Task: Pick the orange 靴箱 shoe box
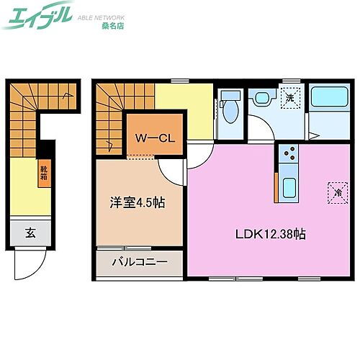click(x=45, y=175)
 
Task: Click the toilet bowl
click(x=231, y=112)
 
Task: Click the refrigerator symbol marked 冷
click(x=336, y=192)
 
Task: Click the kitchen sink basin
click(x=289, y=188)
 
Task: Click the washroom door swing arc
click(x=261, y=130)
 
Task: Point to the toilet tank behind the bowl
click(x=230, y=96)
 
